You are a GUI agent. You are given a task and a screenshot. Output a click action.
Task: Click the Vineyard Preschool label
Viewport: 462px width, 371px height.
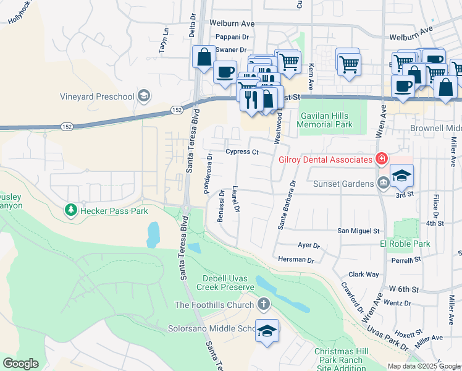tap(97, 96)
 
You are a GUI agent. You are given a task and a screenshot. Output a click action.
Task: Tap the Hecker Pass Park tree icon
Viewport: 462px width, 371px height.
tap(71, 211)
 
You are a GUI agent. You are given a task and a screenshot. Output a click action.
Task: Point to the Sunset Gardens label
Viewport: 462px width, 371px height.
tap(348, 183)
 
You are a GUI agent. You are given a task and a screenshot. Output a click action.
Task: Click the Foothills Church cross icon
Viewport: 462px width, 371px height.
tap(264, 304)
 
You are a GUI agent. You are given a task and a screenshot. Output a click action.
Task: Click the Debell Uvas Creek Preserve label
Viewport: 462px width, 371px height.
tap(225, 283)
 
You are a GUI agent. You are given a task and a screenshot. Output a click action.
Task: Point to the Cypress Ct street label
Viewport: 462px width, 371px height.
tap(241, 151)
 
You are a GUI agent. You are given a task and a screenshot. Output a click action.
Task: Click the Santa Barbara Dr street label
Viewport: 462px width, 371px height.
tap(287, 205)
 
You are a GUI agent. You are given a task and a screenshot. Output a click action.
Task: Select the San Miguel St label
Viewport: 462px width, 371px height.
tap(358, 231)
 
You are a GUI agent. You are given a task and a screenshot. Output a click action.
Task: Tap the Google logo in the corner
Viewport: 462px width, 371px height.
tap(21, 364)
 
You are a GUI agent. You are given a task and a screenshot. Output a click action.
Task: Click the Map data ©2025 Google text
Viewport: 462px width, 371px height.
tap(423, 366)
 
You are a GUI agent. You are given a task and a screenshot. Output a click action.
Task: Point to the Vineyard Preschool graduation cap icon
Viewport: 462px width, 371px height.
tap(144, 96)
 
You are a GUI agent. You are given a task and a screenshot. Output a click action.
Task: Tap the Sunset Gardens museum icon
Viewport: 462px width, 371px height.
tap(383, 183)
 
